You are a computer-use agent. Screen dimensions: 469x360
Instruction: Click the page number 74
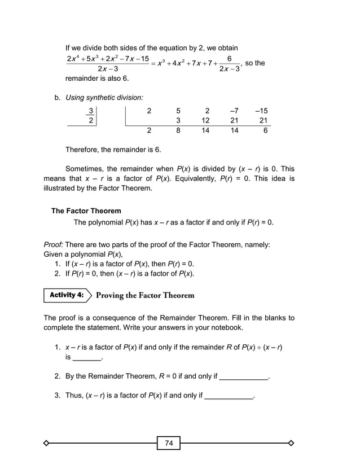169,443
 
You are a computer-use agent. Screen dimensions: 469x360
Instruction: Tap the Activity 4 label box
66,295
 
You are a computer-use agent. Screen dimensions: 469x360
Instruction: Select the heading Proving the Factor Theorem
145,295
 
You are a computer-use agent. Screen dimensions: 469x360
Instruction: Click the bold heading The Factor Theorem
86,211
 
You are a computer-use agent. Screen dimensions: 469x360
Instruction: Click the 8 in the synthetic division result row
178,130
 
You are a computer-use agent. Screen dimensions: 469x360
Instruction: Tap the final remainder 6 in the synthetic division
265,130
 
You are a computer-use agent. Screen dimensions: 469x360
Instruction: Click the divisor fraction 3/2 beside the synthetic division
90,116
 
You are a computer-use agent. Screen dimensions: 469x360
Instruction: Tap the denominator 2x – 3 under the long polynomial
107,69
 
